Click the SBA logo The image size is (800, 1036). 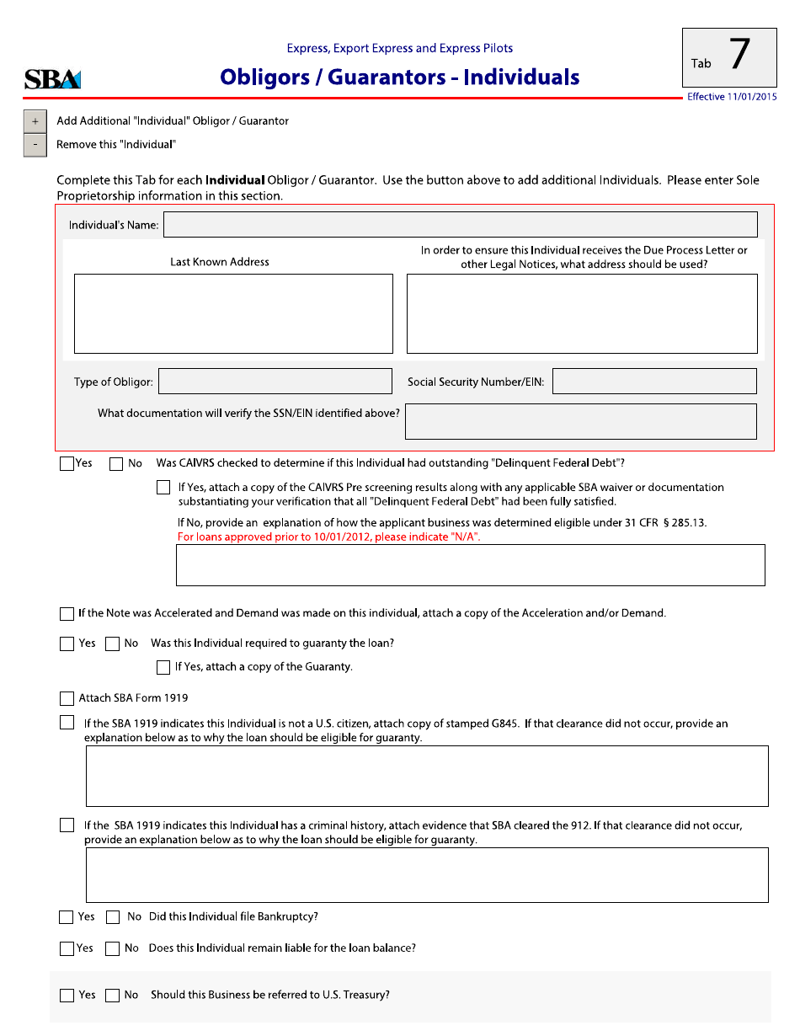(52, 79)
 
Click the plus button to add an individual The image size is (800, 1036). (35, 121)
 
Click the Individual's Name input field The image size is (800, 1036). (460, 225)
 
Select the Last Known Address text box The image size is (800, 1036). (233, 313)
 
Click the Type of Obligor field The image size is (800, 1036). (275, 382)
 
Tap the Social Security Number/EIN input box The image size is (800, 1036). (654, 382)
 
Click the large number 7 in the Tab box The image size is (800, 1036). (739, 56)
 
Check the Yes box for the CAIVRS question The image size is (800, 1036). (67, 463)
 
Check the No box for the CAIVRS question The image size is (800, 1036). (116, 463)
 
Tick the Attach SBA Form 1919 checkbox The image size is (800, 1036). (67, 698)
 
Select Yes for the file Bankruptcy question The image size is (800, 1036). (67, 917)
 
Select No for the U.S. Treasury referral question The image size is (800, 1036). (112, 996)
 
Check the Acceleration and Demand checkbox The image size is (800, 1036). (67, 614)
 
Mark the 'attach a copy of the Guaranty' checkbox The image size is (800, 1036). (163, 667)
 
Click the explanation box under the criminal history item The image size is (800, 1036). (427, 875)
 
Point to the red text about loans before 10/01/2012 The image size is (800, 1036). (328, 537)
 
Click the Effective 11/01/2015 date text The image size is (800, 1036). (732, 98)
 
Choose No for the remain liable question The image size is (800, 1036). (112, 948)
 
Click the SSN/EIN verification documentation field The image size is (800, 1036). (580, 421)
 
